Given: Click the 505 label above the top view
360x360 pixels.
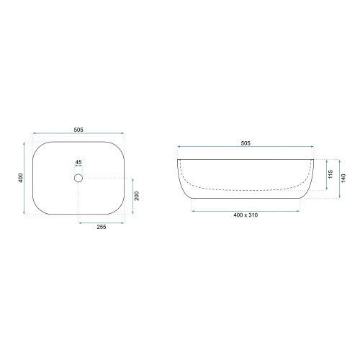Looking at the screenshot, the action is click(78, 130).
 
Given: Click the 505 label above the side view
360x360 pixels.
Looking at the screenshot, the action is click(246, 143).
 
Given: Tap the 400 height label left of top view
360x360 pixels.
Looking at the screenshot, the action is click(21, 178).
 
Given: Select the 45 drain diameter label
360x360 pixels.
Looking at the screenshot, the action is click(78, 162).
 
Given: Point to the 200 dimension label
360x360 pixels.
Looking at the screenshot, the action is click(137, 196).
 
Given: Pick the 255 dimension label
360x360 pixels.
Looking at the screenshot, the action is click(102, 227).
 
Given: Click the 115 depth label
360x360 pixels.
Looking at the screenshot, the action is click(330, 174).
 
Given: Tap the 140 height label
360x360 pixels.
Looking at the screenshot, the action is click(343, 178).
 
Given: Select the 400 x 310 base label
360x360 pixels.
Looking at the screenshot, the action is click(246, 215).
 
